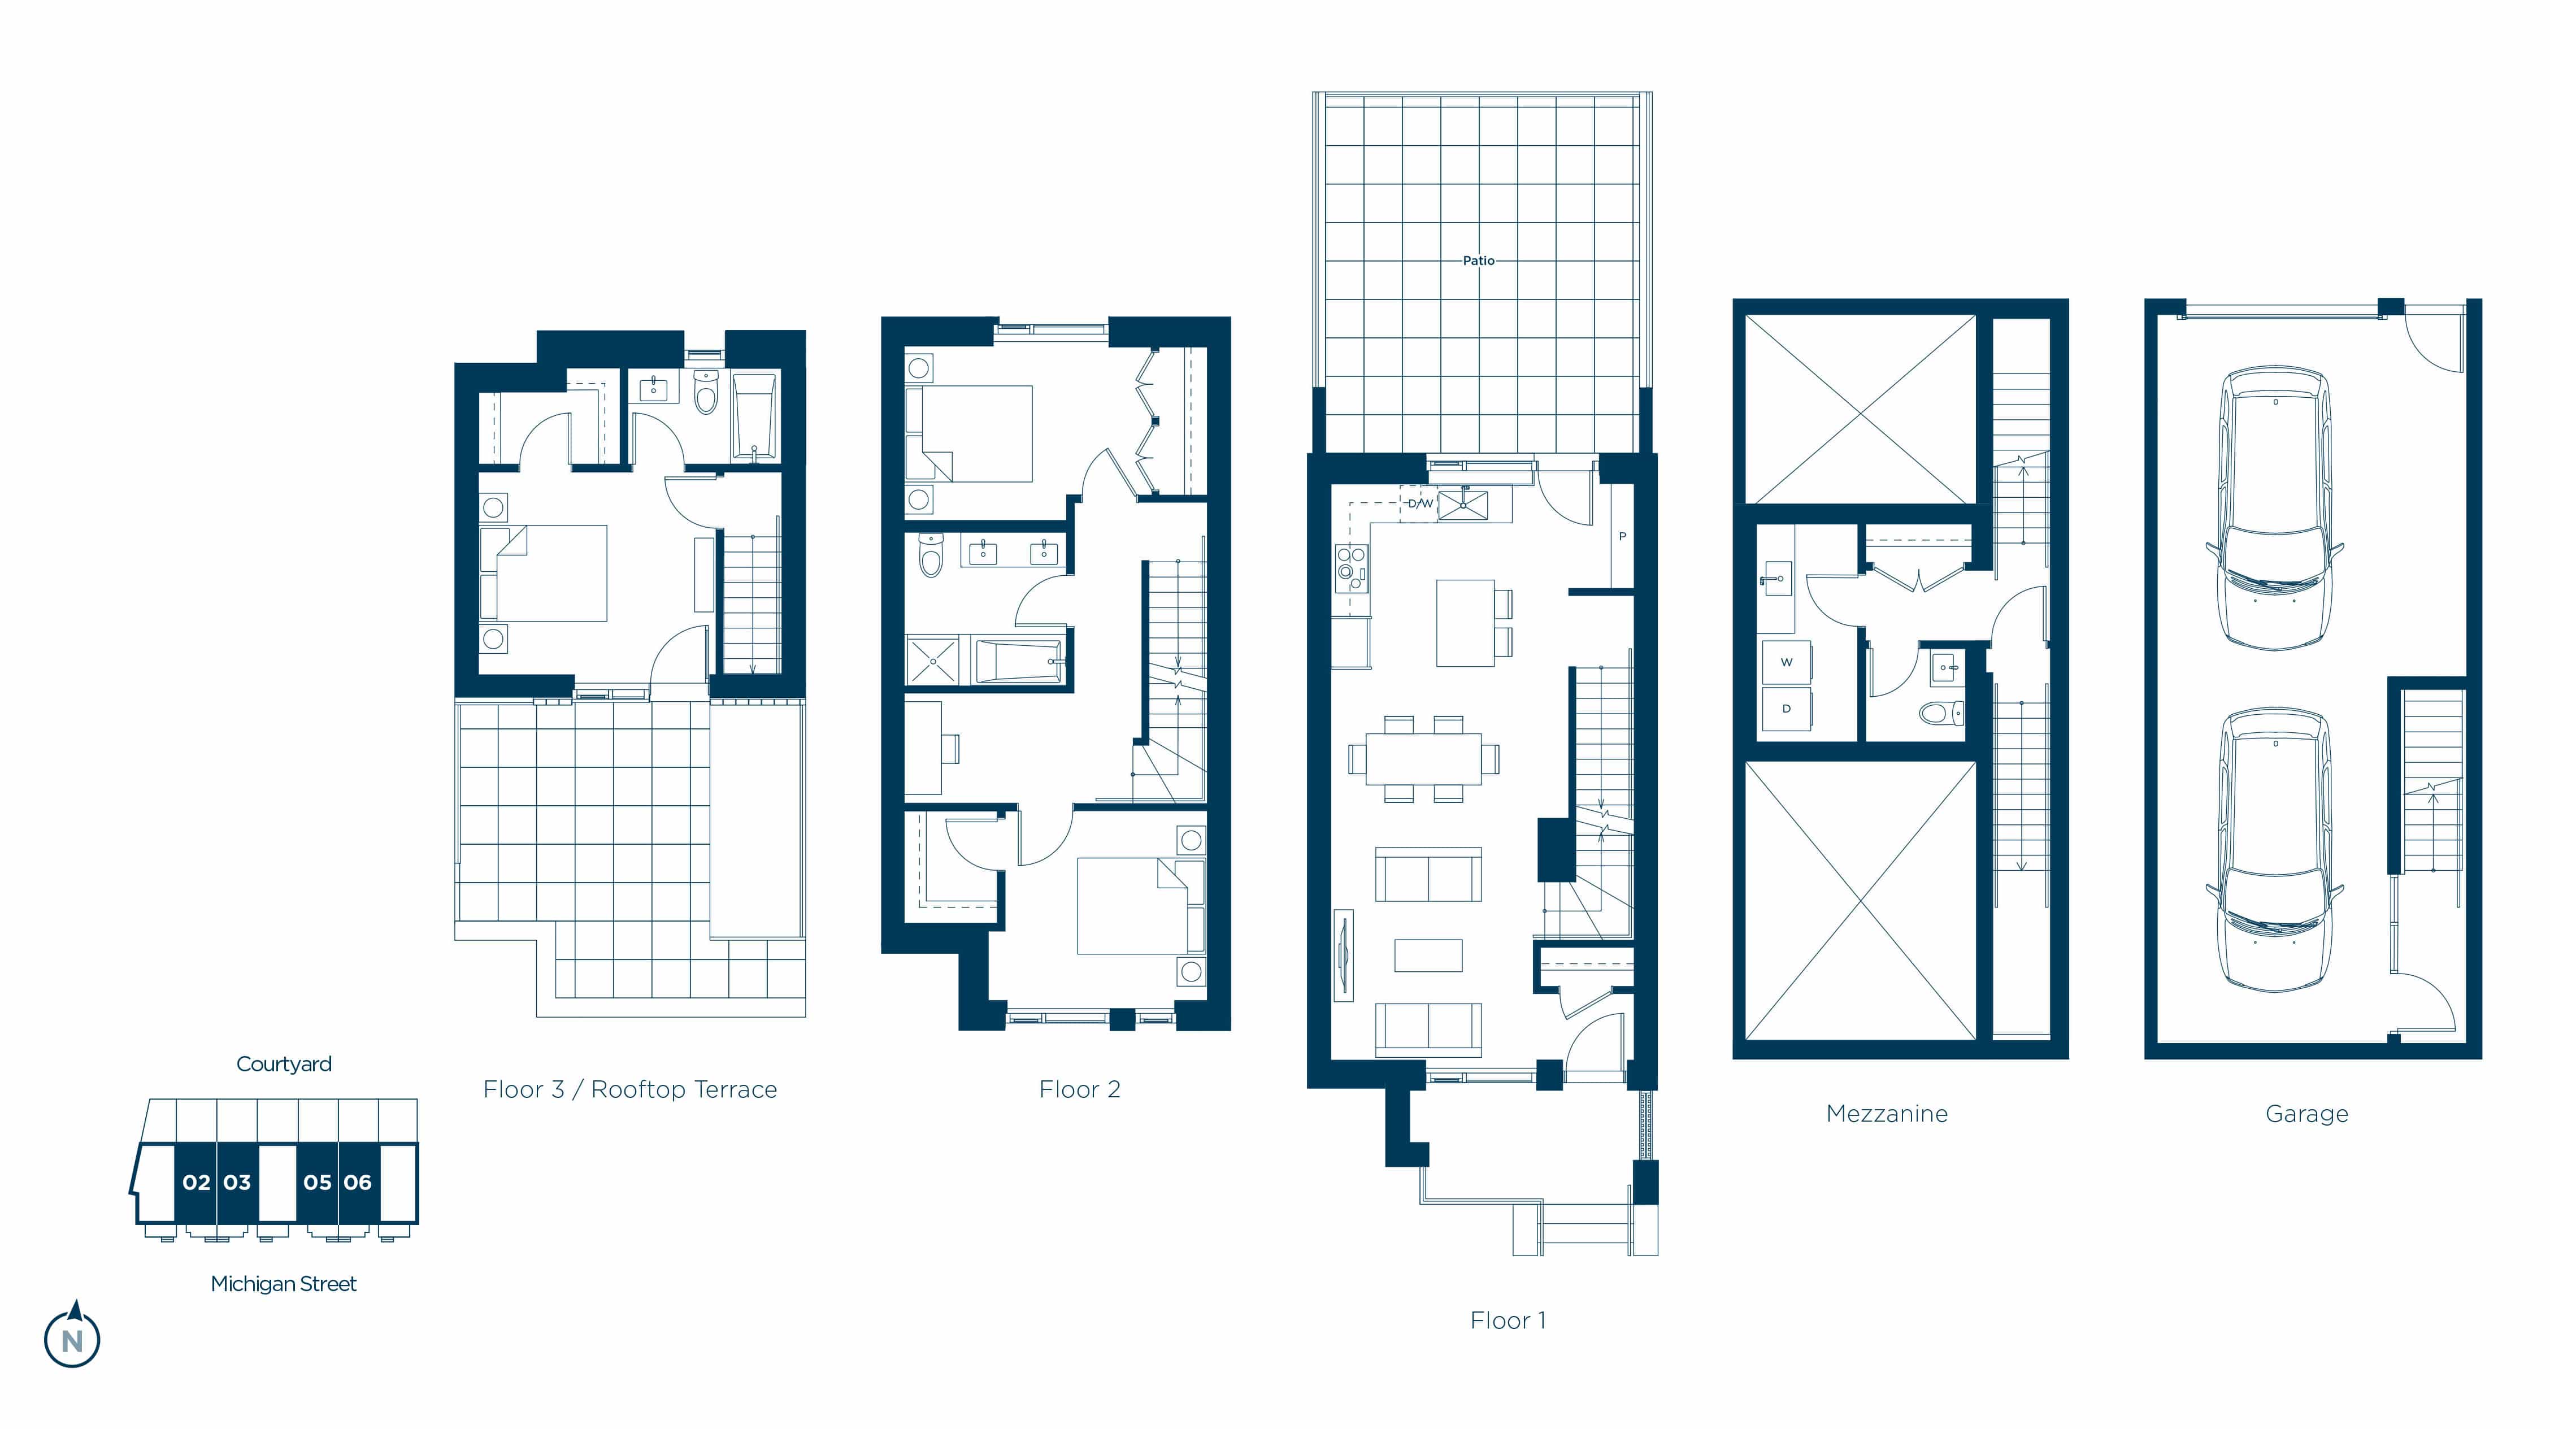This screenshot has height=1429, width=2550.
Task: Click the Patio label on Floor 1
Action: pos(1479,260)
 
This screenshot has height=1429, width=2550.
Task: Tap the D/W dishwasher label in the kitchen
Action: pos(1420,503)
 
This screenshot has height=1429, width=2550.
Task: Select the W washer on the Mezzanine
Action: pos(1787,663)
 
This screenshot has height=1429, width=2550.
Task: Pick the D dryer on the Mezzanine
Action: pos(1787,709)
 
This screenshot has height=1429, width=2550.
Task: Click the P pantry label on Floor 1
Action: pos(1622,536)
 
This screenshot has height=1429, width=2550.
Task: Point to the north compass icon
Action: pos(72,1336)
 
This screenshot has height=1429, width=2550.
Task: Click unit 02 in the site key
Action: pos(196,1183)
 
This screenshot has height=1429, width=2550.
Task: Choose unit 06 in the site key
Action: pos(357,1183)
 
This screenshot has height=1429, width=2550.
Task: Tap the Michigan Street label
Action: pos(284,1284)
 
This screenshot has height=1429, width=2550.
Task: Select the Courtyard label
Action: pos(284,1064)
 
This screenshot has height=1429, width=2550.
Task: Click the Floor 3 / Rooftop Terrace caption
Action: pos(631,1089)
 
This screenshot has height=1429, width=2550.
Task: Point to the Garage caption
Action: pos(2306,1114)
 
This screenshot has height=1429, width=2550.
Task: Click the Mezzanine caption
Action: pos(1887,1114)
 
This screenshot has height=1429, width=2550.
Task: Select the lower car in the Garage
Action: pos(2275,849)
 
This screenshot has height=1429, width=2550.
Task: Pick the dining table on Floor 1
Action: pos(1423,759)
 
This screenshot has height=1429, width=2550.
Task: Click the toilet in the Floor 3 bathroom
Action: pos(706,393)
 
